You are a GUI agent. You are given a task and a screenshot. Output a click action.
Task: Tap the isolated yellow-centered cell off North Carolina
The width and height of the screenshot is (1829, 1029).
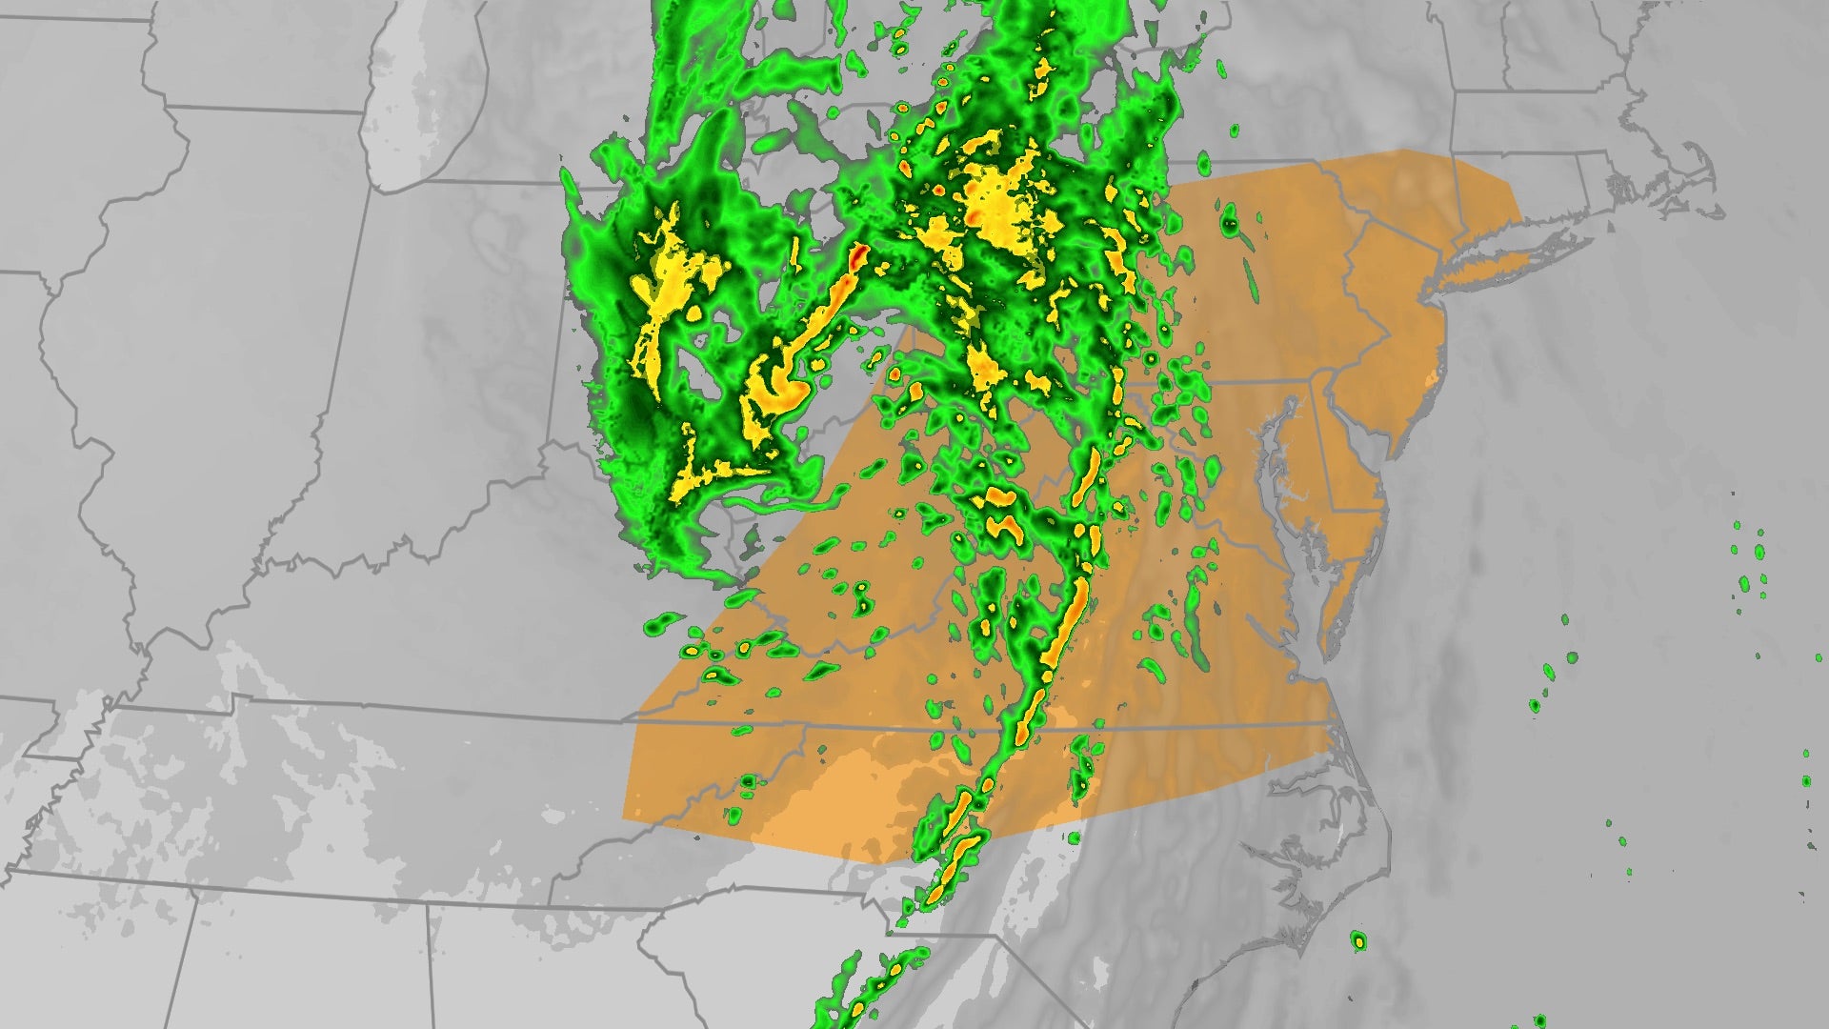pos(1358,942)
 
